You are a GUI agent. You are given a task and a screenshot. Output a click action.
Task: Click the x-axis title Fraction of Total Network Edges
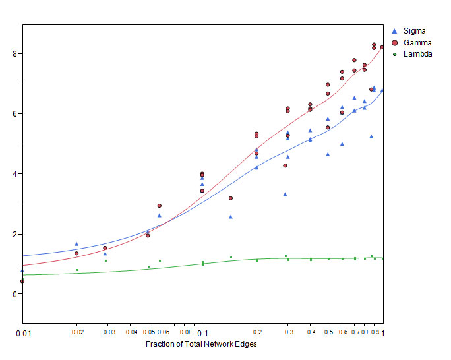[202, 344]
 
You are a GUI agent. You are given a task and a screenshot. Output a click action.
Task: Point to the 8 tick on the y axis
[15, 53]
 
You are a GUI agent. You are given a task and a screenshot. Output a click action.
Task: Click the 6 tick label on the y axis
[15, 113]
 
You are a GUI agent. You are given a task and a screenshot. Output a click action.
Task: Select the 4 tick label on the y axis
[15, 174]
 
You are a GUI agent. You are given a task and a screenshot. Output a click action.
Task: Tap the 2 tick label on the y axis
[15, 234]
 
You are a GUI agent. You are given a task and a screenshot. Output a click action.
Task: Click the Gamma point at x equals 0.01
[22, 281]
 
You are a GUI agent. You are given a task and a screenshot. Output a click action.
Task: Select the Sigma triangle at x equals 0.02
[76, 244]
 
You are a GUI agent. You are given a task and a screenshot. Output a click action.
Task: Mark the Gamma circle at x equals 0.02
[76, 253]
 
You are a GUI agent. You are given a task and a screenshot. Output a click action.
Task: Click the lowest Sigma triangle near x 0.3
[285, 194]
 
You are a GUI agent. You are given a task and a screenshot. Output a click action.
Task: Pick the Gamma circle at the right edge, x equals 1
[382, 47]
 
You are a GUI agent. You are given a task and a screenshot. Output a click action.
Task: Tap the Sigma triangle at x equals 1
[382, 90]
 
